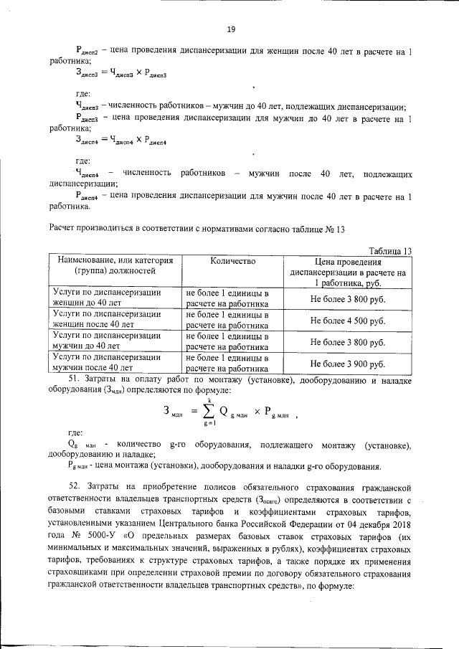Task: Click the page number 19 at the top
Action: point(230,29)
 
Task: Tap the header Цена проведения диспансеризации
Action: point(348,273)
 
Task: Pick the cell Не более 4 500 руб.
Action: point(348,321)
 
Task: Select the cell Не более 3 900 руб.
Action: point(348,364)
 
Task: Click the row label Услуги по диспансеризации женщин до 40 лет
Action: point(108,298)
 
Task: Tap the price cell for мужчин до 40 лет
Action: point(348,342)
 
